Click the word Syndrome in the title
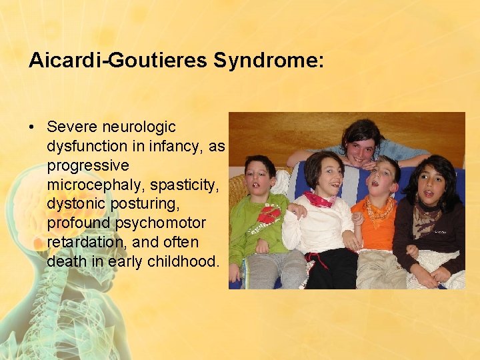(269, 61)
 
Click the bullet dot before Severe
(33, 127)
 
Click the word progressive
(88, 164)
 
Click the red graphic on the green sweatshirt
(269, 215)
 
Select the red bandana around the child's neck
(319, 199)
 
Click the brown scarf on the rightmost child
(425, 217)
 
